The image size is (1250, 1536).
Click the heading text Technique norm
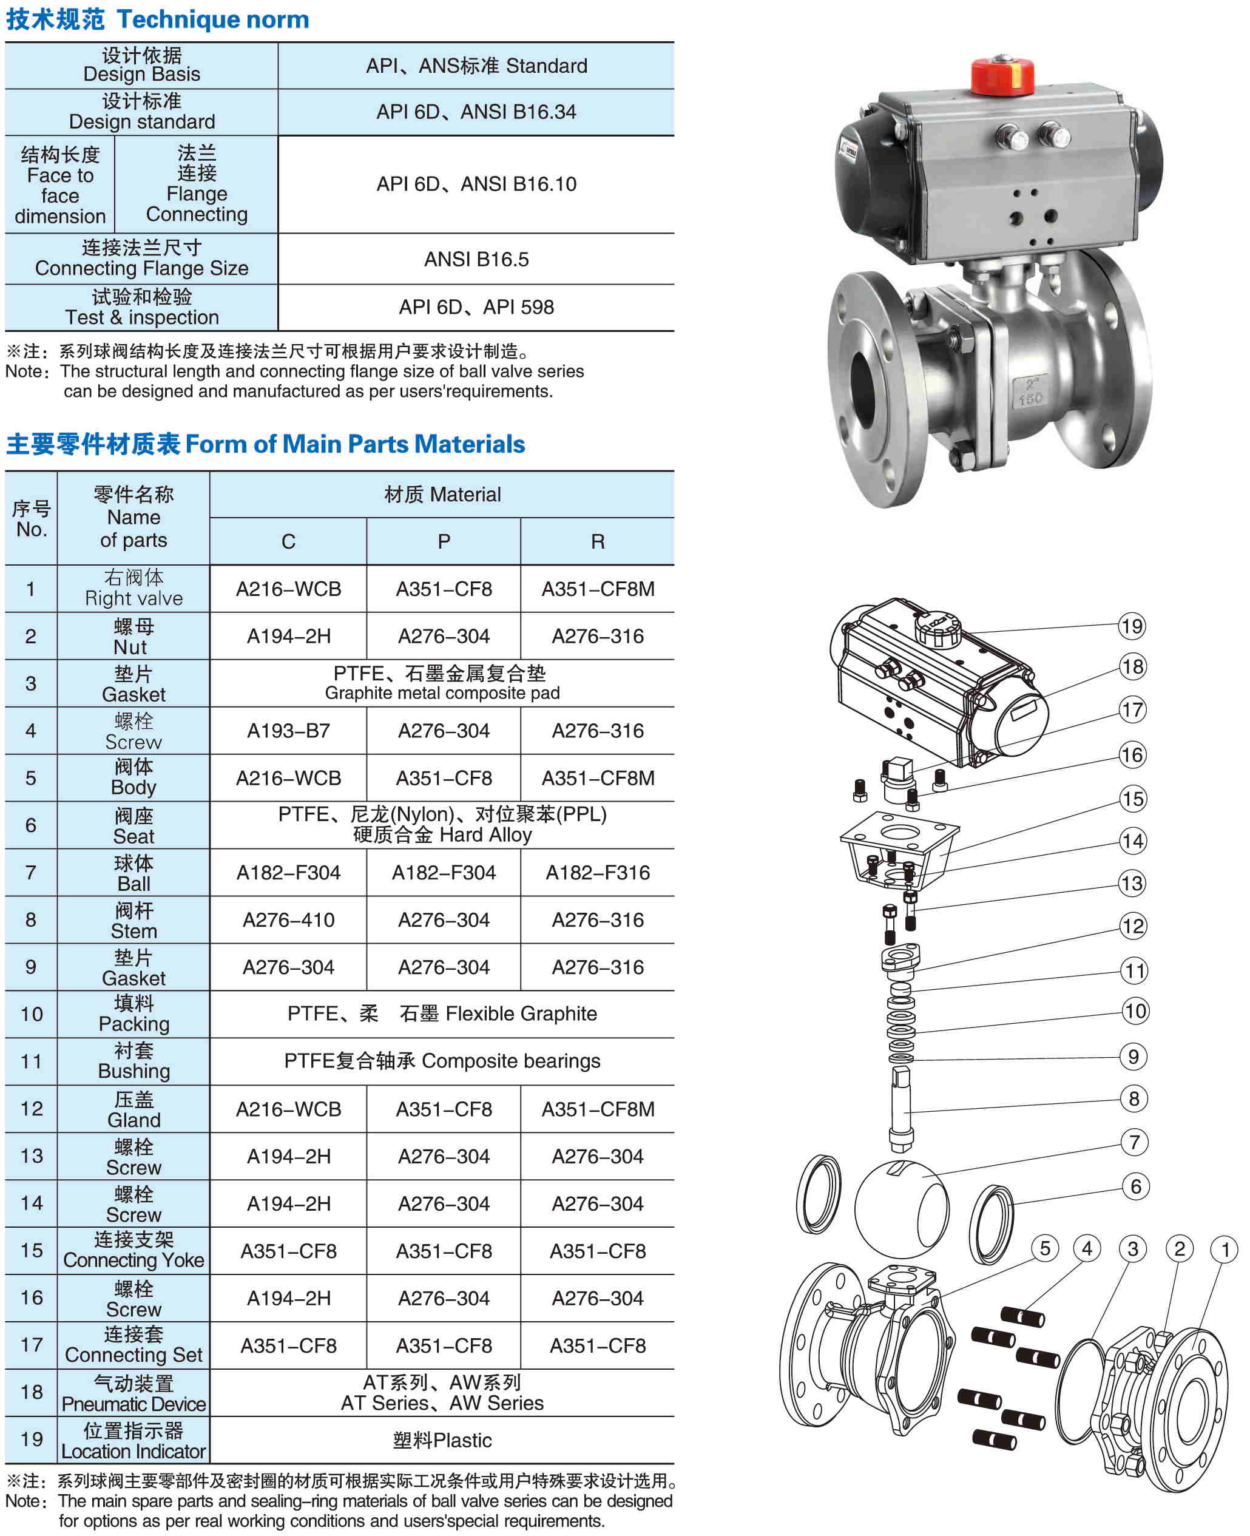[212, 19]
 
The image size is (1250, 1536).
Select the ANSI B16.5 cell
[476, 259]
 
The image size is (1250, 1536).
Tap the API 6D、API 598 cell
[476, 308]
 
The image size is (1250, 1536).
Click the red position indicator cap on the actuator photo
[1002, 76]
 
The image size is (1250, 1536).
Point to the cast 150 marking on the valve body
[1030, 398]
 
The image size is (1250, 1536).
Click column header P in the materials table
[444, 541]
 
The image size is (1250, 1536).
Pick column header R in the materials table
[597, 541]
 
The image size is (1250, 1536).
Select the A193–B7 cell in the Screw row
[288, 731]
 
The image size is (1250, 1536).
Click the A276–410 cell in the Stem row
[288, 919]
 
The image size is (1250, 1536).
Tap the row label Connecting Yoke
[133, 1260]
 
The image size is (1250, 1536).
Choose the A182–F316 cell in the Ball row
[597, 873]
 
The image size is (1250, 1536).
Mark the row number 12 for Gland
[31, 1108]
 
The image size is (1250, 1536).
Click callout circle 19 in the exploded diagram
[1131, 626]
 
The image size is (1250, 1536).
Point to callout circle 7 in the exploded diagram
[1134, 1142]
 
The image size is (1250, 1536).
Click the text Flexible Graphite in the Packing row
[521, 1014]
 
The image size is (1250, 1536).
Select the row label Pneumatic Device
[133, 1404]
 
